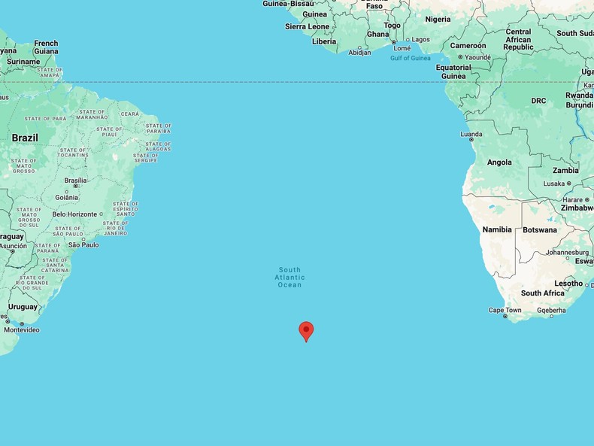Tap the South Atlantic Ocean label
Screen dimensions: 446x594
tap(289, 277)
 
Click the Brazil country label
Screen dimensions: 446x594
tap(25, 138)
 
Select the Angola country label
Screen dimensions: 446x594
tap(499, 162)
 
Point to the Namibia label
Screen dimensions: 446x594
tap(497, 229)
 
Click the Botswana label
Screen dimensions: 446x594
tap(540, 230)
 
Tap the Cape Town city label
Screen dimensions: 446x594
tap(505, 310)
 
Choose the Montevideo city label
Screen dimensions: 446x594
tap(21, 330)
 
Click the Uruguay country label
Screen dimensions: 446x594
tap(23, 307)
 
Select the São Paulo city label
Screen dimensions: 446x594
tap(83, 245)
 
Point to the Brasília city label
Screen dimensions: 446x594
tap(75, 181)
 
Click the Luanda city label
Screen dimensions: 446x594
tap(471, 135)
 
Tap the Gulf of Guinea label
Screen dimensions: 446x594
tap(411, 59)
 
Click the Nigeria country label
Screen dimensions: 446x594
tap(438, 20)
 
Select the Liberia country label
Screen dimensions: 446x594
tap(324, 41)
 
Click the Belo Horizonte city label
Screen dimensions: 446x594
tap(75, 214)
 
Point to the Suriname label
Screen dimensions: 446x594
tap(23, 62)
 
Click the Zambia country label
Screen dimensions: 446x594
tap(565, 171)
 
